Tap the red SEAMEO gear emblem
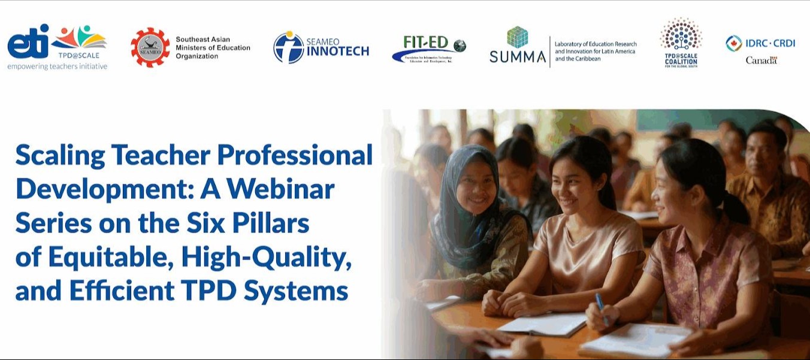150,47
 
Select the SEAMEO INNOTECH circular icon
288,47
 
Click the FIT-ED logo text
426,42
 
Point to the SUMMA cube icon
517,37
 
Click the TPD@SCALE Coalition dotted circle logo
681,34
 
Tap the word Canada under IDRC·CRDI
761,60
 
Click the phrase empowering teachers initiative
58,66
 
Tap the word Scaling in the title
59,156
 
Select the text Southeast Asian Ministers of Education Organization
212,48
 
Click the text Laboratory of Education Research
595,44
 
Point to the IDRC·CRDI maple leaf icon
733,43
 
